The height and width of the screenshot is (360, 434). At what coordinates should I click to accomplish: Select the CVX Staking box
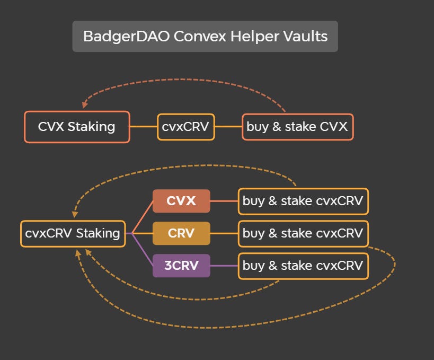point(77,127)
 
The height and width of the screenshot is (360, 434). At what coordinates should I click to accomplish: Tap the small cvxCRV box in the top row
point(185,127)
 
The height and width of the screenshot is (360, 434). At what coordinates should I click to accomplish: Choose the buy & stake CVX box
point(297,127)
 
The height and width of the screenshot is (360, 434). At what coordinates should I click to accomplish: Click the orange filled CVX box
point(181,201)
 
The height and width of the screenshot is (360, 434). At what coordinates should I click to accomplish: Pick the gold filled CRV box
point(181,233)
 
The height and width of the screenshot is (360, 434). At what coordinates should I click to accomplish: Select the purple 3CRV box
point(181,266)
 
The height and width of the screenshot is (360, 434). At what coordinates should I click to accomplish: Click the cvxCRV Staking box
point(73,233)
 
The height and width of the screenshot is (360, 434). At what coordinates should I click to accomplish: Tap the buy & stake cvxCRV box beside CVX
point(303,201)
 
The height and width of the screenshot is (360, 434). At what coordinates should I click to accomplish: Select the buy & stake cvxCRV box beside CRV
point(303,233)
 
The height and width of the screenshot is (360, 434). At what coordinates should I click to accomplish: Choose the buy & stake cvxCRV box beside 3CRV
point(303,266)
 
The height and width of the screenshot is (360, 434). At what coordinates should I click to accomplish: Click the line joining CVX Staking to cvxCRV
point(143,127)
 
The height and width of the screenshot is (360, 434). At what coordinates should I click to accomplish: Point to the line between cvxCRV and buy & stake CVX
point(228,127)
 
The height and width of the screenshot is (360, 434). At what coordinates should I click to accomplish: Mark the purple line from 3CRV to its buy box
point(224,266)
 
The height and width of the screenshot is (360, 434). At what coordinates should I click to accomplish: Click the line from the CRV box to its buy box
point(224,233)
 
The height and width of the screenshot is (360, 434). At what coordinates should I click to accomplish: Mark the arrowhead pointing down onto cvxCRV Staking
point(75,215)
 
